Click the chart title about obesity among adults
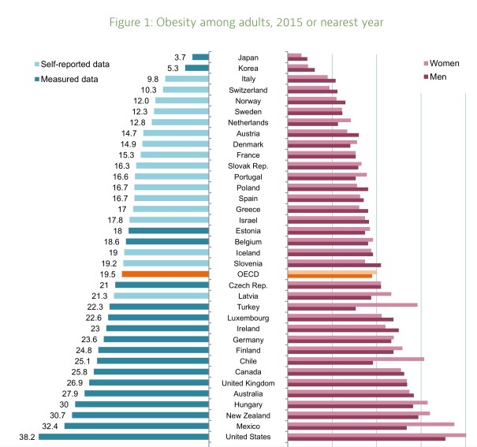pyautogui.click(x=238, y=22)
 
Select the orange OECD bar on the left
pyautogui.click(x=165, y=274)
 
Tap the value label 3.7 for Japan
pyautogui.click(x=179, y=57)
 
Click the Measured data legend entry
pyautogui.click(x=79, y=78)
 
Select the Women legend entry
pyautogui.click(x=446, y=63)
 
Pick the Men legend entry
pyautogui.click(x=442, y=76)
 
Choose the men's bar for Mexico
pyautogui.click(x=347, y=428)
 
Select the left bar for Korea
pyautogui.click(x=196, y=68)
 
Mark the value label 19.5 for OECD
pyautogui.click(x=109, y=274)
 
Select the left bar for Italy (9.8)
pyautogui.click(x=186, y=79)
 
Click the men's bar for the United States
pyautogui.click(x=366, y=439)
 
